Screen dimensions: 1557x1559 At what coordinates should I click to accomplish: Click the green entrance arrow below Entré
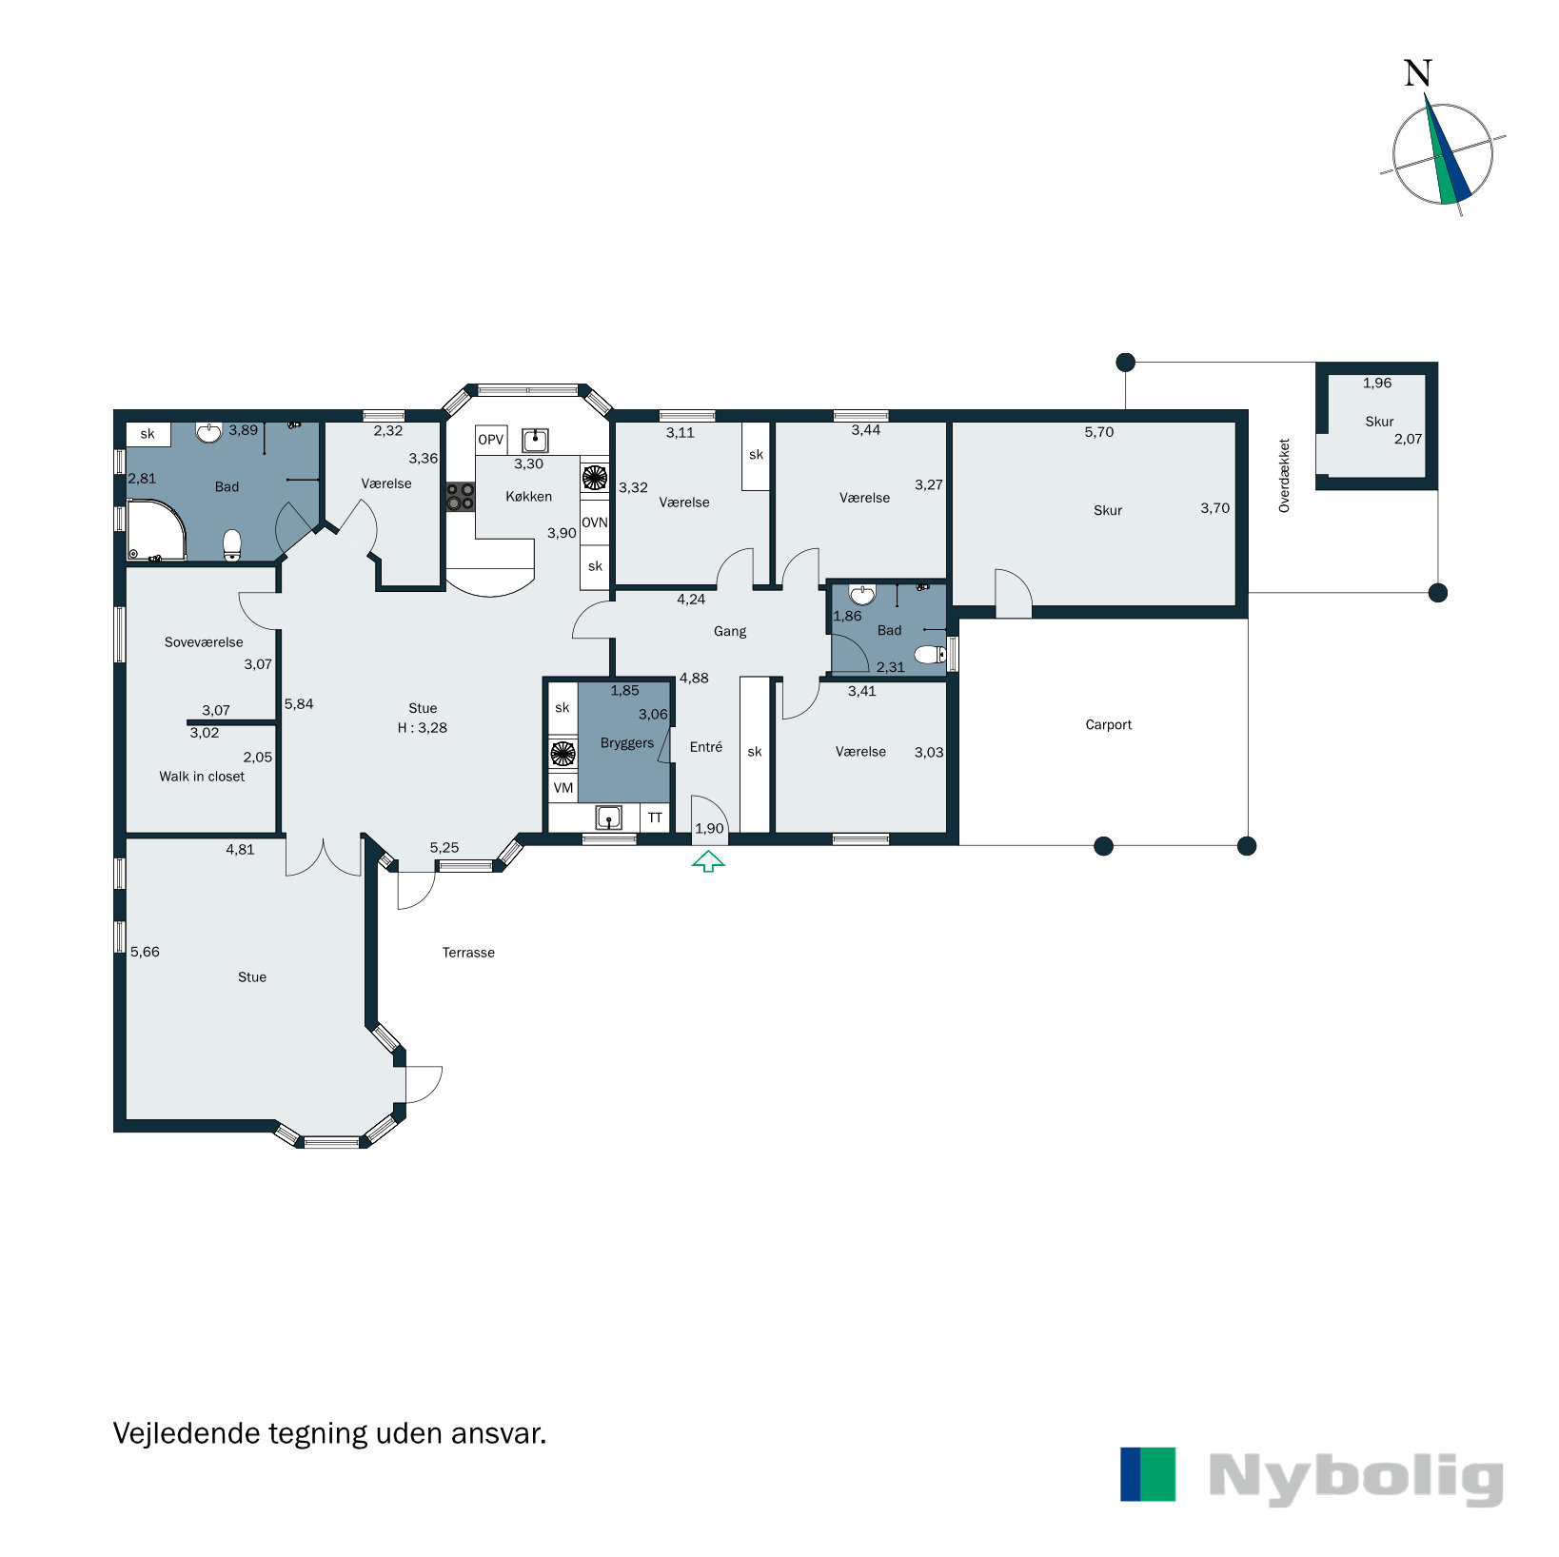coord(708,862)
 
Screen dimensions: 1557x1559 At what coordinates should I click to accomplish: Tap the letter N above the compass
coord(1418,73)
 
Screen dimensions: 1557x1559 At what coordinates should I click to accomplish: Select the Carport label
coord(1108,724)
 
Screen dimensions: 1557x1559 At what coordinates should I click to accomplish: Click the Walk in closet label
coord(202,777)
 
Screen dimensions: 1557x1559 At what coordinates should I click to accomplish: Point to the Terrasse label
coord(468,953)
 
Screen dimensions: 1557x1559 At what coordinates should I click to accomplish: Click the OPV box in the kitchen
coord(490,440)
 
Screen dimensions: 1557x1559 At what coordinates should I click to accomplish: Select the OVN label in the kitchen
coord(594,522)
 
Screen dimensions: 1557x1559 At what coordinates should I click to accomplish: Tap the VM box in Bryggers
coord(563,788)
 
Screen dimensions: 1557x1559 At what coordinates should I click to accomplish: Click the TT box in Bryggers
coord(655,818)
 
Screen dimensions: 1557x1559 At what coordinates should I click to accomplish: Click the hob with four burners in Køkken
coord(461,497)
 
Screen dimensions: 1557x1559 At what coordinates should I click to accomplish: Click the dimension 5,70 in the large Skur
coord(1098,432)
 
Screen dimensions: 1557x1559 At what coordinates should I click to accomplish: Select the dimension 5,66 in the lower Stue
coord(145,952)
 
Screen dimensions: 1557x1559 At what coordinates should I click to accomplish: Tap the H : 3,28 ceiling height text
coord(423,728)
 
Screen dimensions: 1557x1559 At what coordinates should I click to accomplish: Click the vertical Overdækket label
coord(1284,476)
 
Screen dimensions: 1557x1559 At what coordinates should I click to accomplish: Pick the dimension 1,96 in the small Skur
coord(1376,384)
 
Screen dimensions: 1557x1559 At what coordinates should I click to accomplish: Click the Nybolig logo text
coord(1355,1478)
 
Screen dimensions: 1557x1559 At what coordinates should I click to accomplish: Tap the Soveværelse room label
coord(204,642)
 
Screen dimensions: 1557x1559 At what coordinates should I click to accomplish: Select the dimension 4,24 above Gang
coord(691,600)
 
